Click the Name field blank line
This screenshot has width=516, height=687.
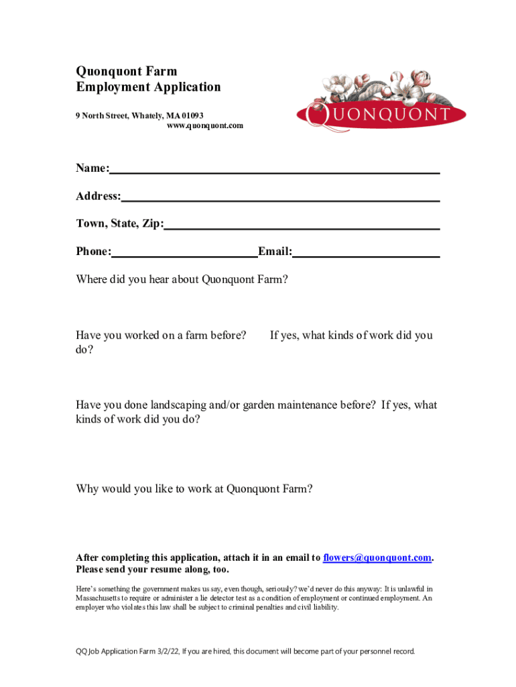[275, 169]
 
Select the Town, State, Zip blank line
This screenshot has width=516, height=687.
[302, 225]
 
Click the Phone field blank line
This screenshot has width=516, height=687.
[184, 253]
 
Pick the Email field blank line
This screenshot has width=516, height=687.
[366, 253]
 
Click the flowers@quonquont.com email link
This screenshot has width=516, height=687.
[377, 558]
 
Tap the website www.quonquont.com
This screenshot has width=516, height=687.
[204, 125]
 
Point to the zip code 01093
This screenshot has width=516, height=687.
[192, 115]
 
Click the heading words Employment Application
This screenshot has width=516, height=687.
[148, 87]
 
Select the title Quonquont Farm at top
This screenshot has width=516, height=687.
[126, 71]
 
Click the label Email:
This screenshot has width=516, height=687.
[275, 252]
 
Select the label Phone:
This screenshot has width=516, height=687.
[93, 252]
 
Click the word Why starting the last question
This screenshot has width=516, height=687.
[86, 489]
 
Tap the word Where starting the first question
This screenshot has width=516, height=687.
[91, 279]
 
